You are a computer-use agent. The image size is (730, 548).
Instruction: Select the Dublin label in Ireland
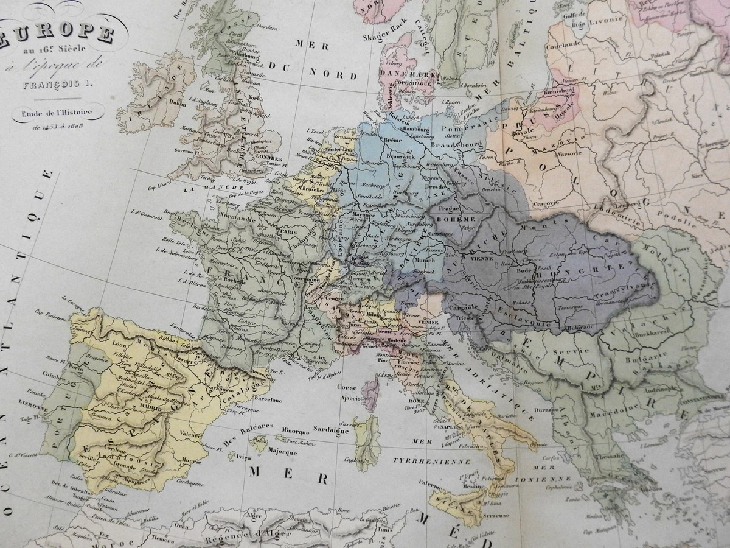177,103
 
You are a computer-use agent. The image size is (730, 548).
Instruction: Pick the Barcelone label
264,401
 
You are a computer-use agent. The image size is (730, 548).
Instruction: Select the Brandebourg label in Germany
456,146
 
